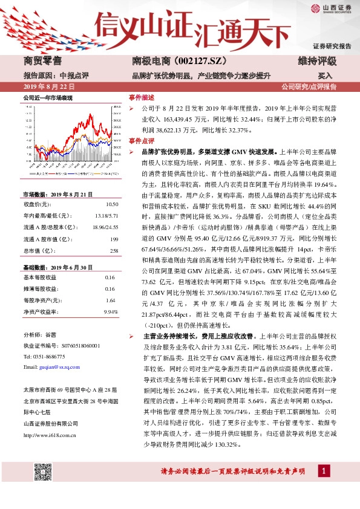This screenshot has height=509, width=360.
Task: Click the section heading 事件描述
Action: point(142,97)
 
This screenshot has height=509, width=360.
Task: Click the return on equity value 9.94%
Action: point(110,312)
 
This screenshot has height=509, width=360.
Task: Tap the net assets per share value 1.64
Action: point(111,300)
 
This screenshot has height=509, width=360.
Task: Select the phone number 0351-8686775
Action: point(51,356)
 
